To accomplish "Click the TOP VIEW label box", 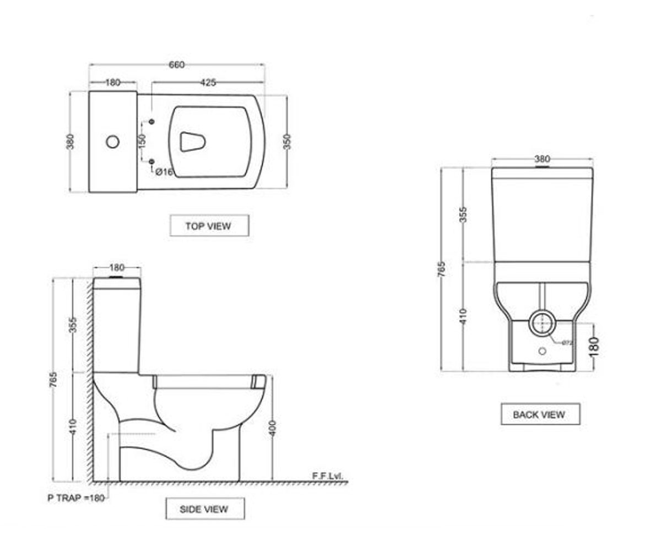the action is (x=209, y=225).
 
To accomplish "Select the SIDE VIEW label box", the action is (x=205, y=509).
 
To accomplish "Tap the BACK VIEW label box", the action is (x=540, y=414).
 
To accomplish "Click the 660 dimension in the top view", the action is (x=176, y=65).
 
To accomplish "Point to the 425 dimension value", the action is (x=208, y=83).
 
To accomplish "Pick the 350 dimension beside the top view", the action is (x=288, y=142).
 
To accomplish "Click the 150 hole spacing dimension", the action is (x=142, y=142).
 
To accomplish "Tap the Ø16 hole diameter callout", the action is (x=164, y=172).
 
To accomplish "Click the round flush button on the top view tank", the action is (x=112, y=142).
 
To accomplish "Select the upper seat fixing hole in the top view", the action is (x=151, y=122).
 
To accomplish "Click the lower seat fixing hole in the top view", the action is (x=151, y=162).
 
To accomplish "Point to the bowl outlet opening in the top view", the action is (x=192, y=142).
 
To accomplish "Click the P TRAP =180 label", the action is (x=76, y=498).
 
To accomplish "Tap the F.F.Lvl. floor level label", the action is (x=328, y=476).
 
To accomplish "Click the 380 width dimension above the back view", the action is (x=542, y=159).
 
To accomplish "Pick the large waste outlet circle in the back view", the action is (x=543, y=323).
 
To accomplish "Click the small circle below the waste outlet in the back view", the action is (x=542, y=351).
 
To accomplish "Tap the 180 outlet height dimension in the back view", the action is (x=594, y=347).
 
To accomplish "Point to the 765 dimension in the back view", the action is (x=442, y=269).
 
